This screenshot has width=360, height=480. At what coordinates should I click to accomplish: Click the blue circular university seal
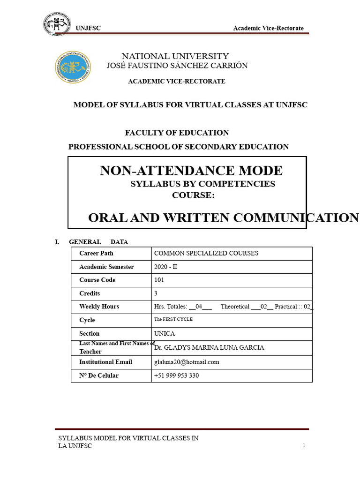point(73,67)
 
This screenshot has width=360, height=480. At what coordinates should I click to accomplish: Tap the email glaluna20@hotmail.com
point(187,362)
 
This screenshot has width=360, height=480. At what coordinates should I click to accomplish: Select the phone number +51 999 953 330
point(176,375)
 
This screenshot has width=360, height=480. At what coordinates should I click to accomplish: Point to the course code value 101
point(159,280)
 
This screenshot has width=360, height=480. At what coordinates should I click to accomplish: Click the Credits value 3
point(156,293)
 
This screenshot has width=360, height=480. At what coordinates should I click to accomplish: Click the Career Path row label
point(96,253)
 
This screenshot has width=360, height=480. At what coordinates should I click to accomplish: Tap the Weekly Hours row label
point(99,307)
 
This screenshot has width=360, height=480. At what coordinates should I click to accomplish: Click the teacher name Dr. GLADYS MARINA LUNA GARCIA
point(209,348)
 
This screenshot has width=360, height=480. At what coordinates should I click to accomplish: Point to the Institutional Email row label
point(105,362)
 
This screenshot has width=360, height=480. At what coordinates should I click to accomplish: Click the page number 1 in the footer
point(304,445)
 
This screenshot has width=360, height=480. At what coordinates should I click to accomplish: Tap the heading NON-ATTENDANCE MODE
point(191,171)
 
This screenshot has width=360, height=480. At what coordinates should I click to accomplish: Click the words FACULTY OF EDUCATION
point(177,133)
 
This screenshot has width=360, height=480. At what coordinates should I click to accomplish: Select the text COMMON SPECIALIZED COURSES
point(206,253)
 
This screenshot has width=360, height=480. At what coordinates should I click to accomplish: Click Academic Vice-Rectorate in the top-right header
point(268,29)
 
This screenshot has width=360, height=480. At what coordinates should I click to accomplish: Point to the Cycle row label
point(87,320)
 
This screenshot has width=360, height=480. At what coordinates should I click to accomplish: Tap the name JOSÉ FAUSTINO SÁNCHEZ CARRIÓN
point(177,66)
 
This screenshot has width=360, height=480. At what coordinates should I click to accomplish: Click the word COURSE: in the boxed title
point(194,195)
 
